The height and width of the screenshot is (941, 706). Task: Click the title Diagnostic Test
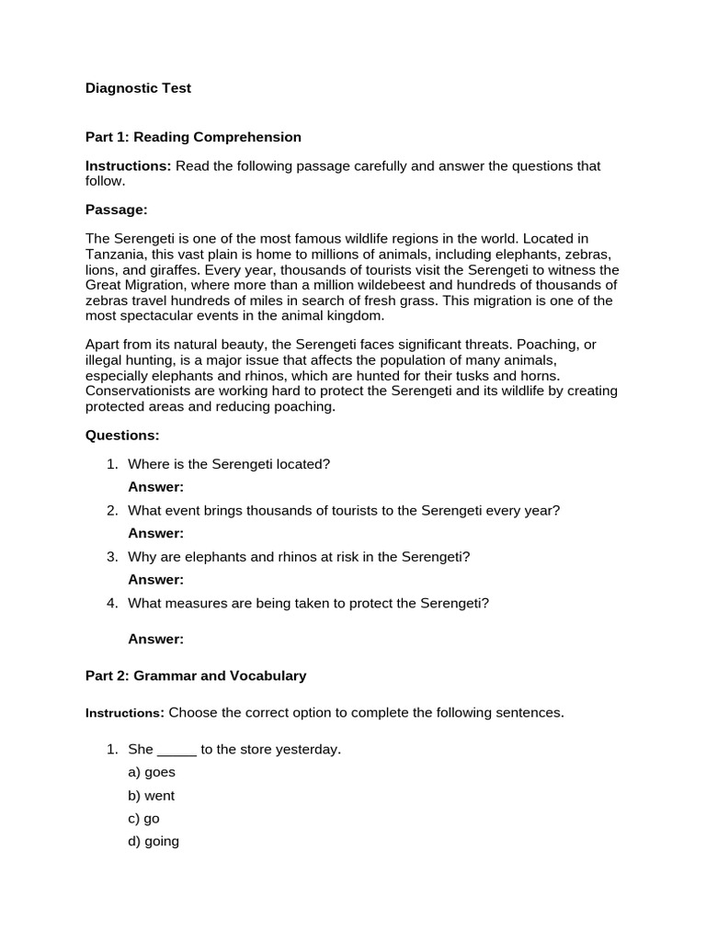click(138, 88)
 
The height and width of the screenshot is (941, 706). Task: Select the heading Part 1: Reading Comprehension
click(193, 137)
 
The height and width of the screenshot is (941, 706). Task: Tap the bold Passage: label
click(116, 210)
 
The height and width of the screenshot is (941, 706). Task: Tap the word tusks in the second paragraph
click(500, 375)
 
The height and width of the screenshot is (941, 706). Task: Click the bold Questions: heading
click(122, 434)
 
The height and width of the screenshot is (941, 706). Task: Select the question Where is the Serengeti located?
click(228, 464)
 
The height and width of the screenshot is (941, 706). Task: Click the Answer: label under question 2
click(155, 533)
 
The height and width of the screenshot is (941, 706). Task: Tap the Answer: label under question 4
click(155, 639)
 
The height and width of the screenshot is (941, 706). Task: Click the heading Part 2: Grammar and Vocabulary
click(196, 675)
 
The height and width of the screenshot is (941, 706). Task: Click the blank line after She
click(177, 750)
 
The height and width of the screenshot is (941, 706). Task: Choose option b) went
click(152, 796)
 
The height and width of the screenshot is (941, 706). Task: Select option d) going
click(154, 841)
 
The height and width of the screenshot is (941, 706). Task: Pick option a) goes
click(152, 773)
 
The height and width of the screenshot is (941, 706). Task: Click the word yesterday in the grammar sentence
click(312, 750)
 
